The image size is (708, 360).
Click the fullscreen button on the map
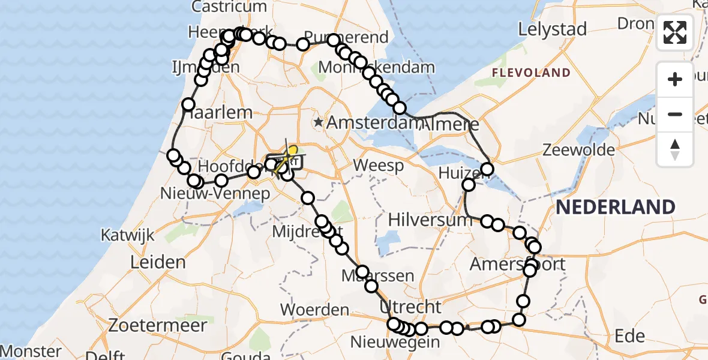click(675, 32)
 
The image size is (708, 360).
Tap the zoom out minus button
click(675, 114)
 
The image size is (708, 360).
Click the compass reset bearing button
click(675, 149)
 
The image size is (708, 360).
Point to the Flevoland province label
click(531, 73)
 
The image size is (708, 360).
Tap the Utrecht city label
click(410, 307)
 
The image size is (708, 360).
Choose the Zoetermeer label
click(158, 326)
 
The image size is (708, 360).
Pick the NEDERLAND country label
click(616, 208)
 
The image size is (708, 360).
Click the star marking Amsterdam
click(318, 122)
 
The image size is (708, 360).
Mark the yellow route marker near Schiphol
click(293, 150)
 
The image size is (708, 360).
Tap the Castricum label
click(229, 7)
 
